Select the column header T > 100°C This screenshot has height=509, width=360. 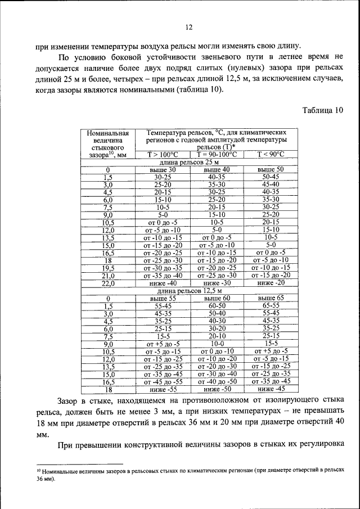tap(163, 154)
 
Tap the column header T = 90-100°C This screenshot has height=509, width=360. tap(217, 154)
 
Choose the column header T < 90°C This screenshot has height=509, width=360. tap(271, 154)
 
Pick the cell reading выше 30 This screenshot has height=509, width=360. tap(163, 169)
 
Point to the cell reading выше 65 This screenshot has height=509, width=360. tap(271, 298)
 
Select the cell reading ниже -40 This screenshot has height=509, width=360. tap(163, 283)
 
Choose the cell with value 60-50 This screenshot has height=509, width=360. tap(217, 305)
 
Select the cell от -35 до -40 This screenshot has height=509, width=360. tap(163, 276)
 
